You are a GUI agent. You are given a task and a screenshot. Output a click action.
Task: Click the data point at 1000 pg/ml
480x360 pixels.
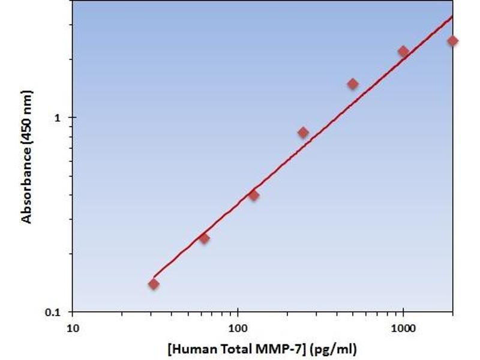(x=403, y=52)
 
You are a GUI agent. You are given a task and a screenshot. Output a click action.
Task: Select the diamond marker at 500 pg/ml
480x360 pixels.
(x=353, y=84)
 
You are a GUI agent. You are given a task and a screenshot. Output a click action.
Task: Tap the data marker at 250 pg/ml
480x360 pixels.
(x=303, y=133)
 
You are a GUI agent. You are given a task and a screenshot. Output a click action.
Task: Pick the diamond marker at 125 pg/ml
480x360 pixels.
(x=253, y=195)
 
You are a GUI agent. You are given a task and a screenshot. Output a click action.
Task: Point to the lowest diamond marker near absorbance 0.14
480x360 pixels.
(x=154, y=284)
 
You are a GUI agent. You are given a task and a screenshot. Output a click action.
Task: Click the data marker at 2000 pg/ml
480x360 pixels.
(x=452, y=41)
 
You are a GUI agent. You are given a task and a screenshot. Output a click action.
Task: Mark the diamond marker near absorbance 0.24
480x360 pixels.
(x=204, y=238)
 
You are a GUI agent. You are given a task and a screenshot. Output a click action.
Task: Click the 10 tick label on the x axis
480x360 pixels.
(x=73, y=328)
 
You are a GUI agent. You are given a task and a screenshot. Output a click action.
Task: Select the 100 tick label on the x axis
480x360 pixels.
(x=238, y=328)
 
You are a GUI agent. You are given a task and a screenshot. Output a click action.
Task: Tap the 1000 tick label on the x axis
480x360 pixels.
(x=403, y=328)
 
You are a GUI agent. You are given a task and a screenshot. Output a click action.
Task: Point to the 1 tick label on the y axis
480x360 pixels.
(x=58, y=118)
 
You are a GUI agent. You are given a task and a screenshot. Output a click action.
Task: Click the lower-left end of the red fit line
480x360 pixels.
(x=154, y=277)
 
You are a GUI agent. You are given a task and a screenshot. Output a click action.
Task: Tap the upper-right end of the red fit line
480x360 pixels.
(x=452, y=16)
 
